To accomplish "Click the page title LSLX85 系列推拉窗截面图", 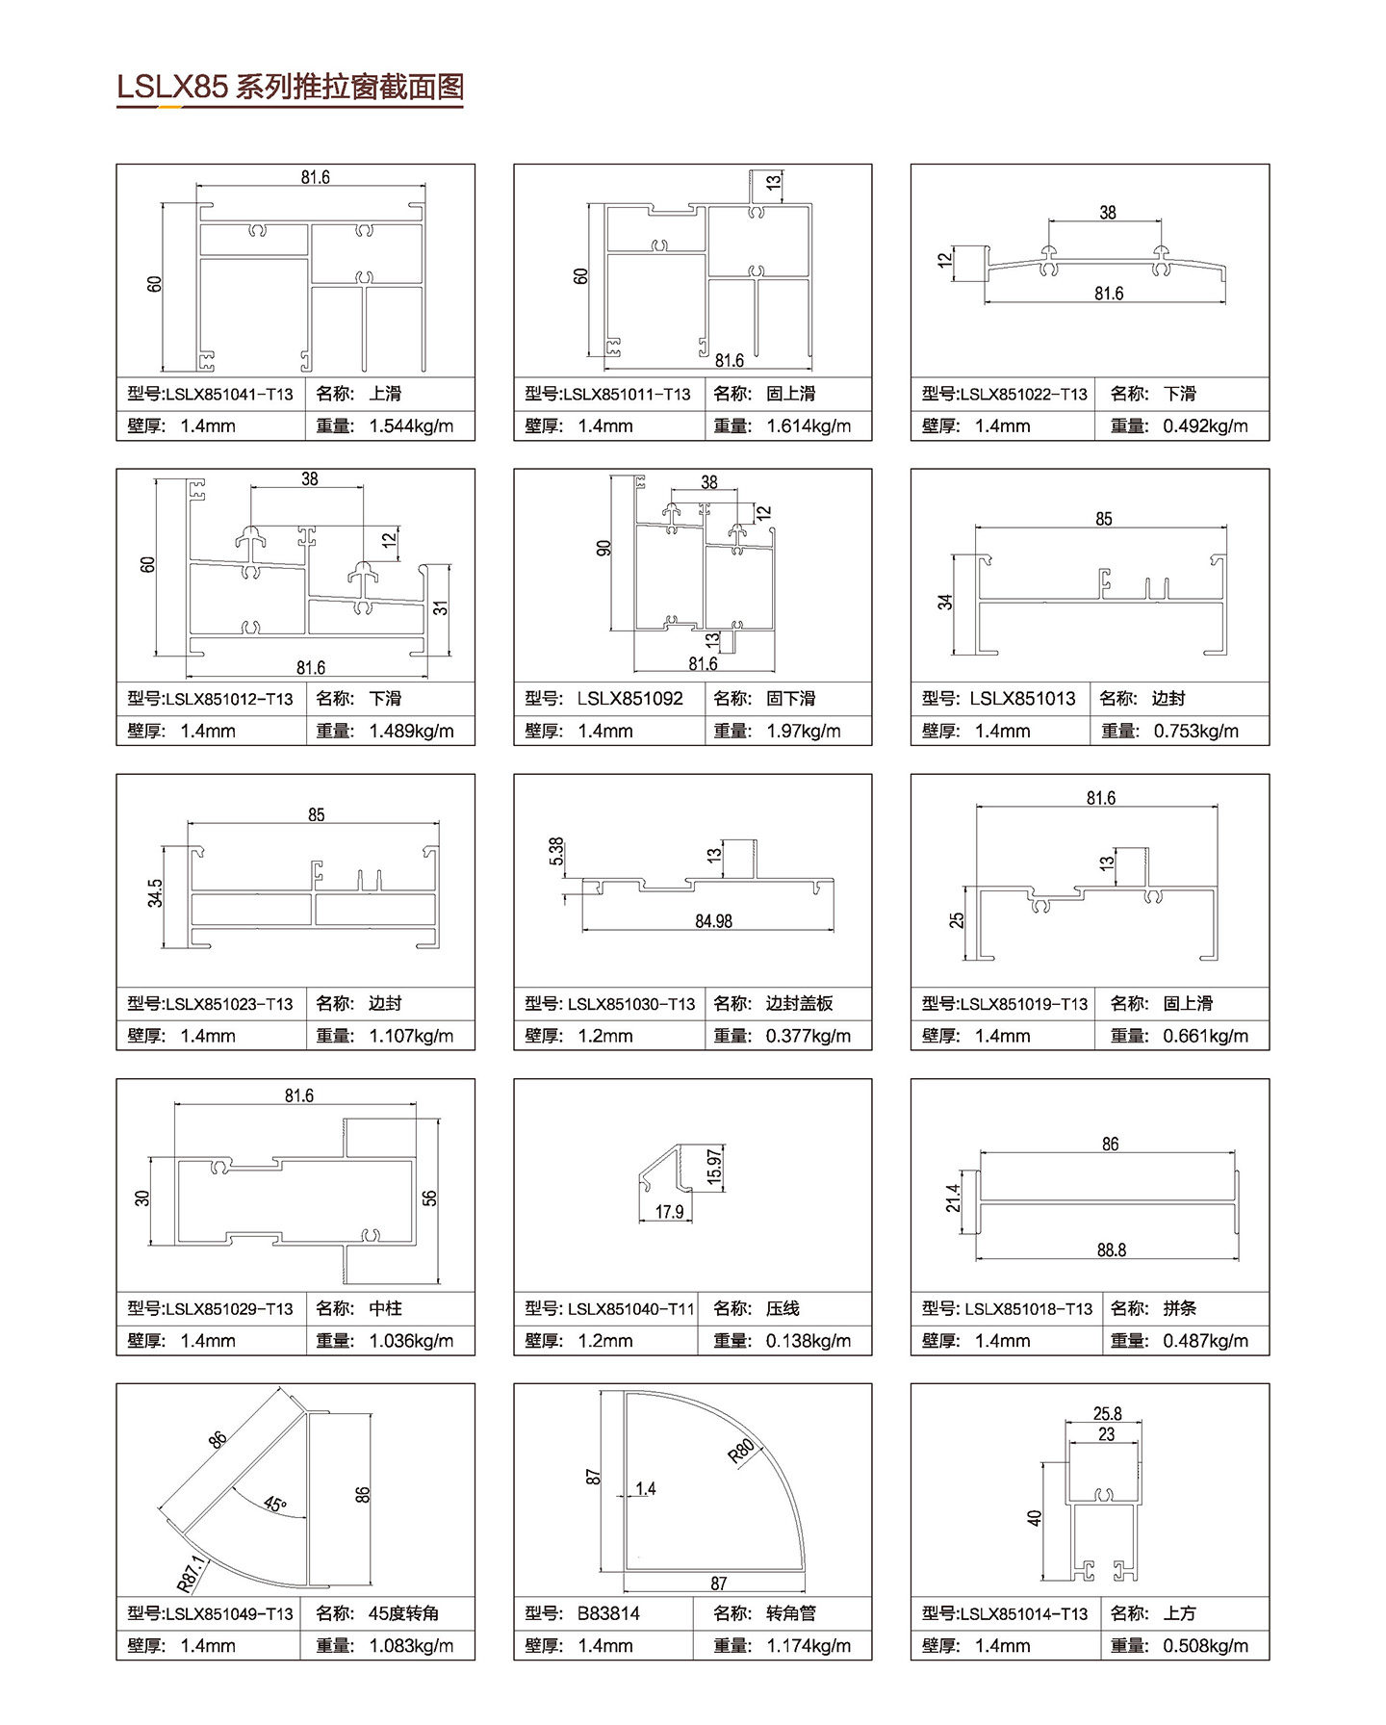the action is coord(290,88).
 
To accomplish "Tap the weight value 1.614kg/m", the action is coord(808,425).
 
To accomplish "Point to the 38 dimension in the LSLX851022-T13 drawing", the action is coord(1107,212).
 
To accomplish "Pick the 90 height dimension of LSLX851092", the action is coord(603,548).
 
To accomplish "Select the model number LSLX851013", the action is coord(1022,698).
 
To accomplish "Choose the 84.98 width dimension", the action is coord(713,921).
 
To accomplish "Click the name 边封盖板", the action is coord(799,1003).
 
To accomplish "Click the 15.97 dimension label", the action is coord(713,1168).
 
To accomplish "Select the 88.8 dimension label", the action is coord(1111,1249).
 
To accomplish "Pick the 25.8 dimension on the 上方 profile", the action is coord(1107,1413).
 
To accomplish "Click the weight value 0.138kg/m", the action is coord(808,1340).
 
